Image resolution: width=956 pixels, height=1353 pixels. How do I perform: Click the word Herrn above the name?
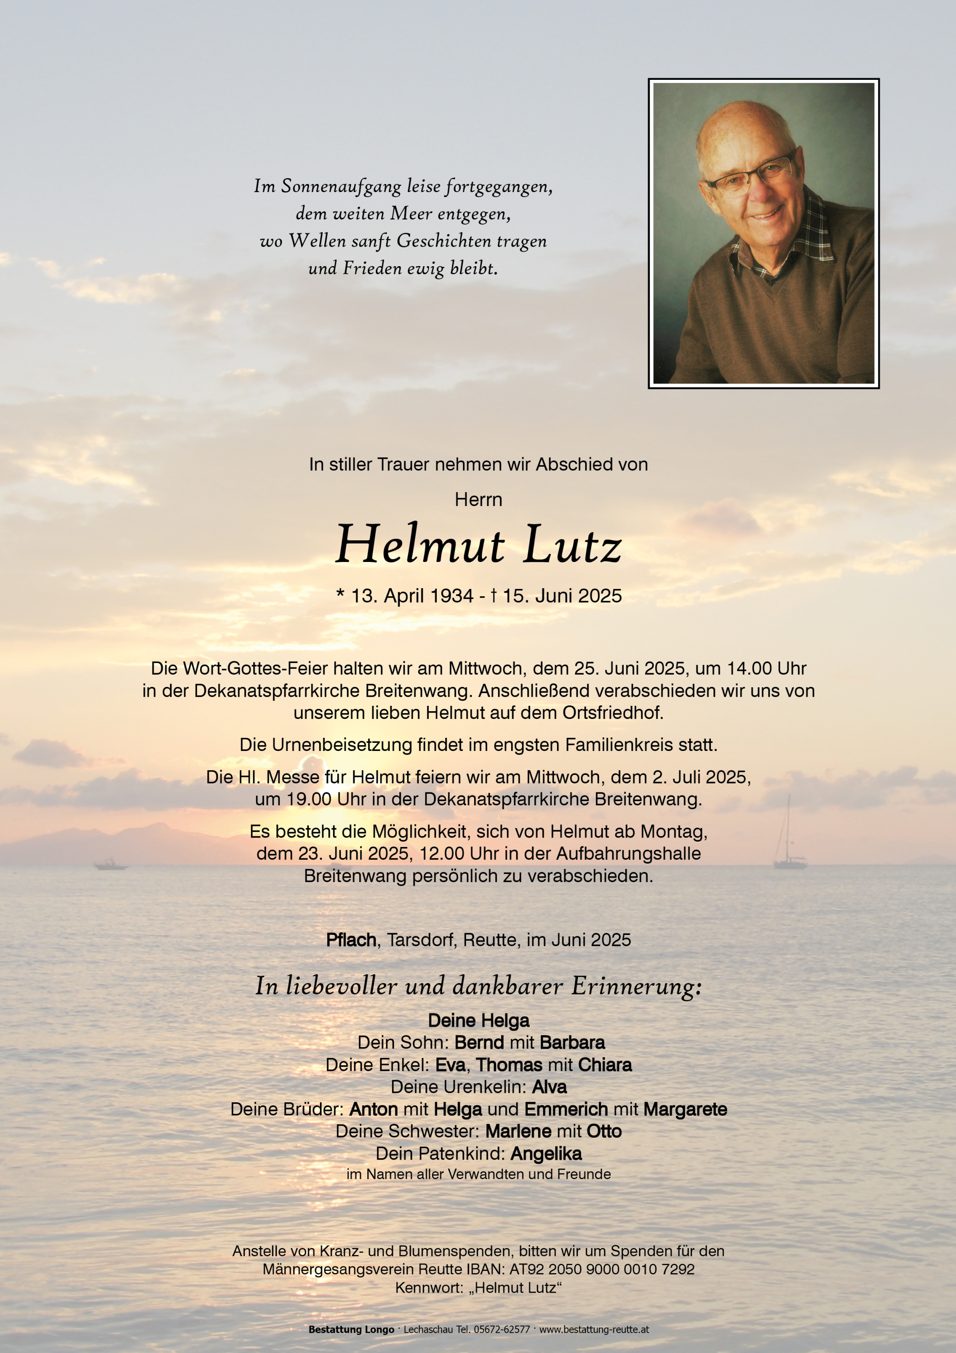point(478,500)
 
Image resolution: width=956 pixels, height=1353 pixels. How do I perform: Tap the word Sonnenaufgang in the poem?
point(342,187)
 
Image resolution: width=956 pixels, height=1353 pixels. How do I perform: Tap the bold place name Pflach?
point(352,940)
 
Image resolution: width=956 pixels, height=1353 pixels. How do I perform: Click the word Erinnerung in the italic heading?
point(636,986)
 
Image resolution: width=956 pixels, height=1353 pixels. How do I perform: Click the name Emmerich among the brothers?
point(566,1109)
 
